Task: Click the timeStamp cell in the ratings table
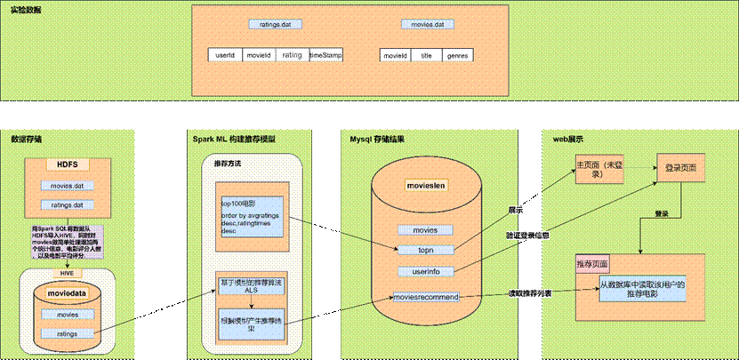(326, 55)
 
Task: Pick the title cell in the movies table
(426, 55)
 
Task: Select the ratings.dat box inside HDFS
(68, 204)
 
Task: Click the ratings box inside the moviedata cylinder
(68, 333)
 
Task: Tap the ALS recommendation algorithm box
(251, 287)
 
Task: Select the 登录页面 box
(681, 167)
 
